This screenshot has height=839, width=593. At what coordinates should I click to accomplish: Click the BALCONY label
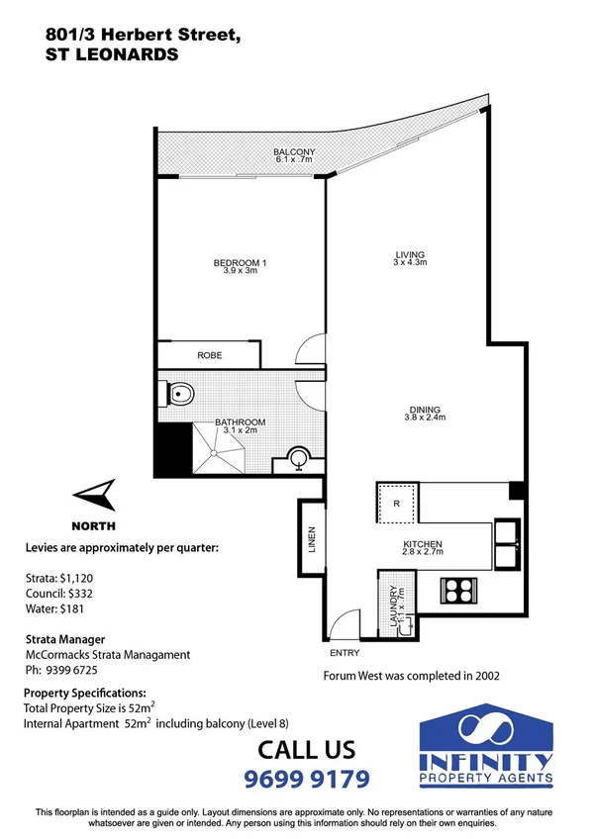[294, 152]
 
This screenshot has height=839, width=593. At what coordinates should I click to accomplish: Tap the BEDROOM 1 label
[241, 262]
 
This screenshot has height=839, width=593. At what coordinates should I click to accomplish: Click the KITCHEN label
[422, 544]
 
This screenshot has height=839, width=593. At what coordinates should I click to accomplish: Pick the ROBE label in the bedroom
[209, 355]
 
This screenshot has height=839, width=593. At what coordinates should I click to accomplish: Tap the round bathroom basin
[297, 458]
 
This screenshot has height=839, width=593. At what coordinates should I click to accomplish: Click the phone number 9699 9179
[307, 779]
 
